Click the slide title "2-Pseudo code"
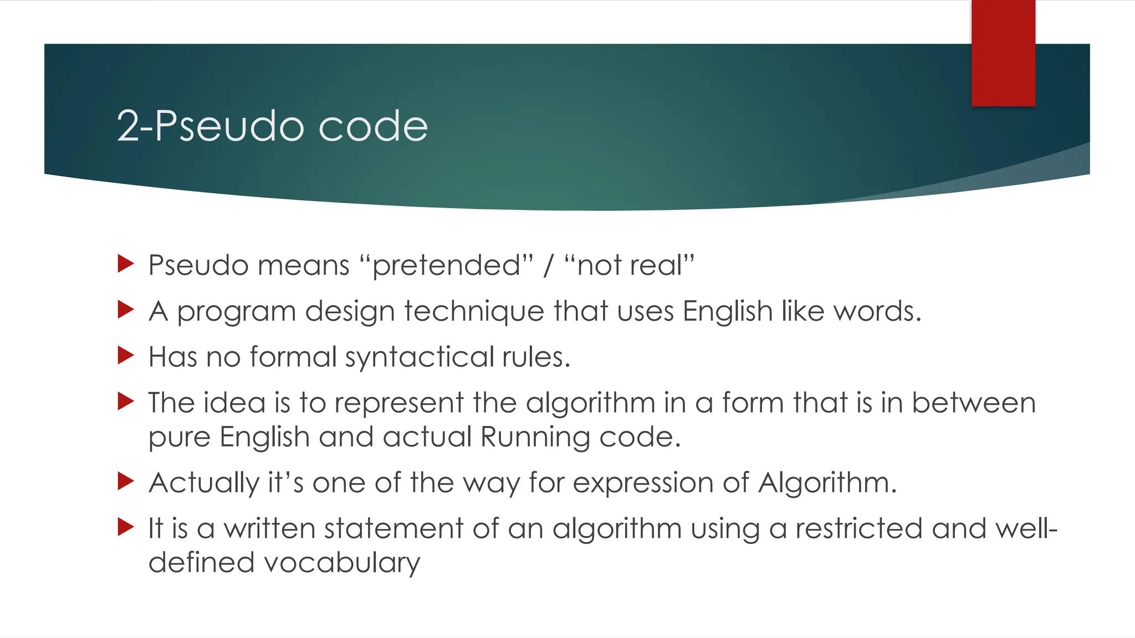[x=272, y=126]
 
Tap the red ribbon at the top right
[x=1003, y=53]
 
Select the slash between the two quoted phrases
[x=548, y=265]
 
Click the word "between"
[x=973, y=403]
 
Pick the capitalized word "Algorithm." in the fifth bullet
[x=827, y=483]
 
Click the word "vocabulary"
[x=342, y=563]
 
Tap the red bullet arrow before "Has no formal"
[x=126, y=355]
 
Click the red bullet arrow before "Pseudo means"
[x=126, y=264]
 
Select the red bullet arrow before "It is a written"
[x=126, y=527]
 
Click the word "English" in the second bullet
[x=727, y=311]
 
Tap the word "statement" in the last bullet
[x=393, y=528]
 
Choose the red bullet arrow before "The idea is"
[x=126, y=401]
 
